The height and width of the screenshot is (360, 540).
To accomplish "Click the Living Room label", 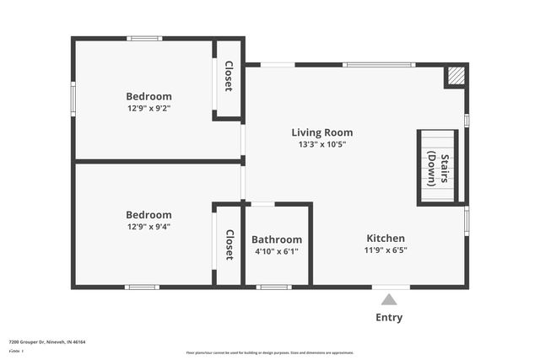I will [x=321, y=132].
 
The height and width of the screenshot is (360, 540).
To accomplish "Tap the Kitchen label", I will [x=385, y=239].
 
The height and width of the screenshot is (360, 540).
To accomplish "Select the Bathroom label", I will [x=277, y=239].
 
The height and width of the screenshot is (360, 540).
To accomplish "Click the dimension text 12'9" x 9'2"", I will [x=148, y=109].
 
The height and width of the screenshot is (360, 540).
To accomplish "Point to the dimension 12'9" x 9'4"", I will [x=148, y=227].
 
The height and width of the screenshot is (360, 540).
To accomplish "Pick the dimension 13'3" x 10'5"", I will [x=321, y=144].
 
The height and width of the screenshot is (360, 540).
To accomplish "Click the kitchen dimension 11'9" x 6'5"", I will [x=385, y=250].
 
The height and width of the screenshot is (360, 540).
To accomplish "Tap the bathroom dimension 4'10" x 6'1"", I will [x=277, y=251].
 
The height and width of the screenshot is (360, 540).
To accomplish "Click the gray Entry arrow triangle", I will [x=389, y=299].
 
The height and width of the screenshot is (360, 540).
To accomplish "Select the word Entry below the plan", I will [x=389, y=318].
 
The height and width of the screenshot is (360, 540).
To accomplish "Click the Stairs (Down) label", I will [x=437, y=167].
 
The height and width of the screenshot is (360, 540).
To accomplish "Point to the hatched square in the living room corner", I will [x=456, y=76].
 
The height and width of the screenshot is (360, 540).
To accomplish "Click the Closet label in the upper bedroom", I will [x=228, y=77].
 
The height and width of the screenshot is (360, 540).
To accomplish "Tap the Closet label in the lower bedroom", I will [x=228, y=244].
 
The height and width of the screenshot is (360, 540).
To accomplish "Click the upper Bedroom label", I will [x=148, y=96].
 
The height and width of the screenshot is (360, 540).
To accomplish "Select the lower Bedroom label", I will [x=148, y=215].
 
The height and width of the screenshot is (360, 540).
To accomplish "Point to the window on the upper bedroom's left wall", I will [x=73, y=99].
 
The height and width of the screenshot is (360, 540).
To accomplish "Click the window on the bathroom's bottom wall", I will [x=273, y=287].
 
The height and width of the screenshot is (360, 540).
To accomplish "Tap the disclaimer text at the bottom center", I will [x=269, y=353].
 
